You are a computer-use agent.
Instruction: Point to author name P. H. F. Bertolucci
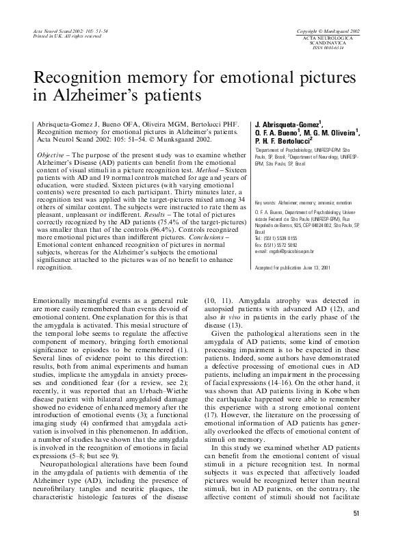[283, 140]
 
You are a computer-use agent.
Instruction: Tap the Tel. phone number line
[280, 239]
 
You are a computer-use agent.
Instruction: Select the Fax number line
[280, 245]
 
